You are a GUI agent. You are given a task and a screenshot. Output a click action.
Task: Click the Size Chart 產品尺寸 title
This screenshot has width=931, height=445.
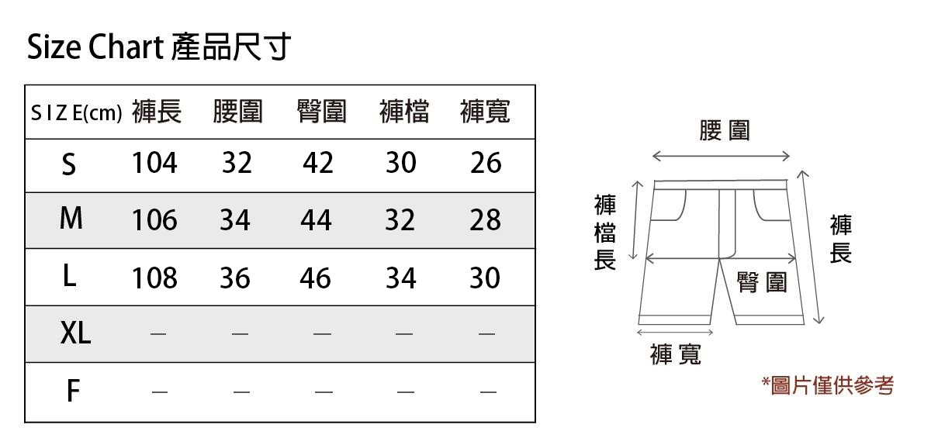[x=159, y=47]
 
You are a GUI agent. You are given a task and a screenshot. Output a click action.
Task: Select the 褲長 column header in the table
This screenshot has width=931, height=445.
[x=157, y=112]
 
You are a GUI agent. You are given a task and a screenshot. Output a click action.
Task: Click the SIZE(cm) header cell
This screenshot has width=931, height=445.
[x=76, y=114]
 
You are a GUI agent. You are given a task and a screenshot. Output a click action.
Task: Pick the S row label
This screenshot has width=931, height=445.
[x=69, y=164]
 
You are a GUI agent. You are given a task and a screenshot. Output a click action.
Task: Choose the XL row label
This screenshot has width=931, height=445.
[x=75, y=334]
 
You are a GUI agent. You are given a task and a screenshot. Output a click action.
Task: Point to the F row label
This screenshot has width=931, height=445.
[x=72, y=392]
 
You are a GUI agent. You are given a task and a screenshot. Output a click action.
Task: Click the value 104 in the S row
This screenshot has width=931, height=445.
[x=154, y=164]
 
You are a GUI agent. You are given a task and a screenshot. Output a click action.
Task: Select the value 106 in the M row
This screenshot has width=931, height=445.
[x=154, y=221]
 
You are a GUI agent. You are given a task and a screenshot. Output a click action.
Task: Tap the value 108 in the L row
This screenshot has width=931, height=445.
[x=154, y=278]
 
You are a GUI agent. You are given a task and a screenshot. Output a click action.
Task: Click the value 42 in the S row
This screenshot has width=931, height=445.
[x=318, y=164]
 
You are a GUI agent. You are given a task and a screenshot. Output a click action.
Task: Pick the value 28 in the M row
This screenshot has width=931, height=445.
[x=485, y=221]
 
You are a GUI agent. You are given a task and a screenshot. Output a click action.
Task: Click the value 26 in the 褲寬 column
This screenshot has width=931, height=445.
[x=486, y=164]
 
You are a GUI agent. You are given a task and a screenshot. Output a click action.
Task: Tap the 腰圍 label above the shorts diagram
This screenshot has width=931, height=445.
[x=724, y=130]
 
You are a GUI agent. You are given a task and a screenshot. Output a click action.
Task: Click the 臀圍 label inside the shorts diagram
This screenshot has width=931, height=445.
[x=762, y=283]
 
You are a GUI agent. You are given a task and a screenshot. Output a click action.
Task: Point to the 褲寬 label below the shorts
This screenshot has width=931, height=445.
[x=676, y=354]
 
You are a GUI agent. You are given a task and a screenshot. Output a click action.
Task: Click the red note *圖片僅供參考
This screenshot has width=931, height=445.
[x=827, y=385]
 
